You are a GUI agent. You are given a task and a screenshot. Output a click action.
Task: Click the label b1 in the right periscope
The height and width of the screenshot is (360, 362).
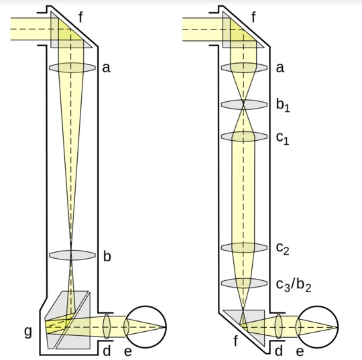(x=283, y=106)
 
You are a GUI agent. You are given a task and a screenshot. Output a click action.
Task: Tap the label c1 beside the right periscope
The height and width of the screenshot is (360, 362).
(x=283, y=138)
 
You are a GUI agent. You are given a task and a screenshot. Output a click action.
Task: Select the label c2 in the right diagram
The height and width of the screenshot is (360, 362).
(x=283, y=249)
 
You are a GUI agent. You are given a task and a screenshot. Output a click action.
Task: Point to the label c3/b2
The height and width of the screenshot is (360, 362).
(x=294, y=285)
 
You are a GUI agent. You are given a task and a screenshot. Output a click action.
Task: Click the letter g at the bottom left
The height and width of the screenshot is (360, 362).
(x=28, y=332)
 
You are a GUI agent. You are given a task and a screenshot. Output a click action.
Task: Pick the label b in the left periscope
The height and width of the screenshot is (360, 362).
(x=107, y=256)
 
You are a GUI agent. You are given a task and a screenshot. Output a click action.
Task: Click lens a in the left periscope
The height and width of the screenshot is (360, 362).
(x=72, y=68)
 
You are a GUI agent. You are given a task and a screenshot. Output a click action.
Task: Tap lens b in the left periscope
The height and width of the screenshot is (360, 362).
(x=72, y=255)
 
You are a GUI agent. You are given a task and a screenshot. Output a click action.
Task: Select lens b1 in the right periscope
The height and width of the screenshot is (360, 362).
(x=244, y=105)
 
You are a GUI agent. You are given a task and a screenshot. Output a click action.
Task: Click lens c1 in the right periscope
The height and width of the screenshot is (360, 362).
(x=244, y=137)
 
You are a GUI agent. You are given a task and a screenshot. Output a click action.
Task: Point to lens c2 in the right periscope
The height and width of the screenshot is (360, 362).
(x=244, y=247)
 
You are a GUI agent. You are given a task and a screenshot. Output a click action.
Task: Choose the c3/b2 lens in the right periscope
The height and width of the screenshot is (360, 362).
(x=244, y=283)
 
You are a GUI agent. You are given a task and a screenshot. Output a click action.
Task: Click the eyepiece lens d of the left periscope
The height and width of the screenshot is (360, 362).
(x=107, y=326)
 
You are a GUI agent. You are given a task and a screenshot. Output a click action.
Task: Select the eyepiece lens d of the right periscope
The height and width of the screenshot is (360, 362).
(x=279, y=326)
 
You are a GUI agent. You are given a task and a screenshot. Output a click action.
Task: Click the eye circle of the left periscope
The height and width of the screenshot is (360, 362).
(x=166, y=327)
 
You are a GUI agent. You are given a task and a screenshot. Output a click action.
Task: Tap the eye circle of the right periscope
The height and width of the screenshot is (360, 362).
(x=339, y=327)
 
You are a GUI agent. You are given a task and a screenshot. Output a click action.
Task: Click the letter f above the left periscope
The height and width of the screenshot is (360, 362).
(x=80, y=17)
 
